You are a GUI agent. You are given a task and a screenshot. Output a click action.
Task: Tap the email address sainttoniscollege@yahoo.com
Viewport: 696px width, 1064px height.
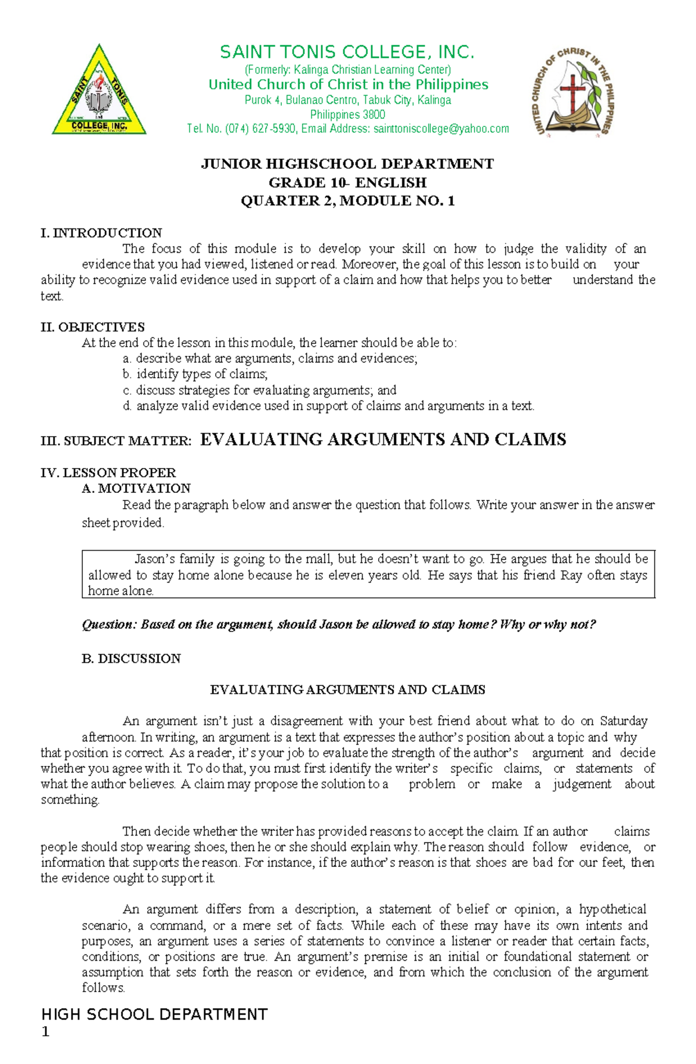[441, 129]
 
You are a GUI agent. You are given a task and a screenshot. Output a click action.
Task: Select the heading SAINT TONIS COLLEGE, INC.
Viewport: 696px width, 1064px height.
[347, 52]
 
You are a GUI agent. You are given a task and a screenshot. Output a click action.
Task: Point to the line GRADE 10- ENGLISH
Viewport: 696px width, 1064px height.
[347, 183]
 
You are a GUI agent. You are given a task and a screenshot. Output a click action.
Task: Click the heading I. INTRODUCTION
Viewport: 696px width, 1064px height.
[101, 233]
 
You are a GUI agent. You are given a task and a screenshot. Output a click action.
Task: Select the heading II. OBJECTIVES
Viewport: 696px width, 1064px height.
[93, 327]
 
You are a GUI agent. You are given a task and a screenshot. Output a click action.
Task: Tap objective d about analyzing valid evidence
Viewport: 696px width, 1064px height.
[328, 406]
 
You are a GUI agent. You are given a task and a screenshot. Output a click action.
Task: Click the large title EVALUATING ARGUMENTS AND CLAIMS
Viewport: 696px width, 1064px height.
[383, 440]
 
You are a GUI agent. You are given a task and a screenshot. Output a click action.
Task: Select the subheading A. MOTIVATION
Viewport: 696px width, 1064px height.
[136, 488]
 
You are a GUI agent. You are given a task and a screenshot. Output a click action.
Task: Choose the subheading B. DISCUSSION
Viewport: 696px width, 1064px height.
[131, 659]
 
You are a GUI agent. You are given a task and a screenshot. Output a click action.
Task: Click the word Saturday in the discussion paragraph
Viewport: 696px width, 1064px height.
[623, 721]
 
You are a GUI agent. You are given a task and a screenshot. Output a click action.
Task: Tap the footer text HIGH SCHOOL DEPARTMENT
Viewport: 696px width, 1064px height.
[154, 1014]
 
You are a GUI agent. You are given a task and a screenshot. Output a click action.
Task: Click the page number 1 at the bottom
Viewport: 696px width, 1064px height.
[46, 1032]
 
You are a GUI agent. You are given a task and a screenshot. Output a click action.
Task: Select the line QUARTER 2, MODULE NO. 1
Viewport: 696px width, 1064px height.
[347, 201]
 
